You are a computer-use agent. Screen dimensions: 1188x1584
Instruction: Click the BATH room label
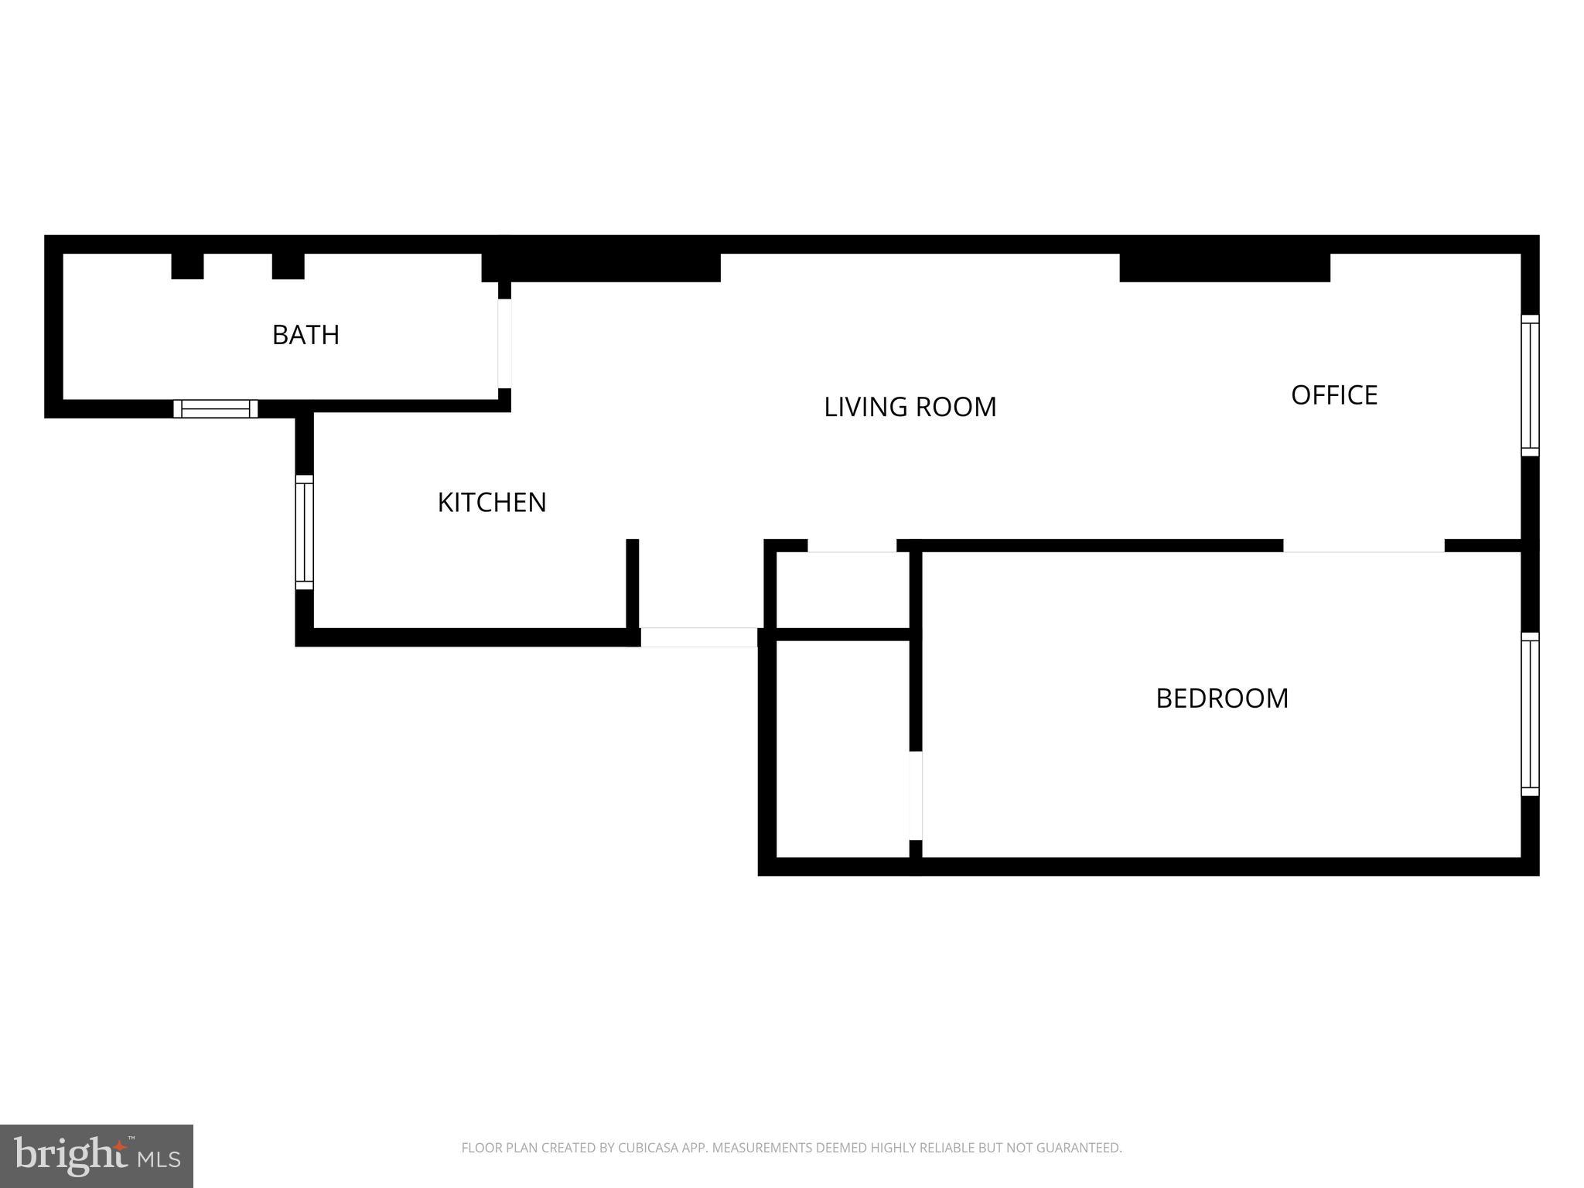click(x=306, y=335)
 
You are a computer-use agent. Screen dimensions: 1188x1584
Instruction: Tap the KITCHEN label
click(x=492, y=503)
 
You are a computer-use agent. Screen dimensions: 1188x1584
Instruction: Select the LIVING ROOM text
click(x=910, y=407)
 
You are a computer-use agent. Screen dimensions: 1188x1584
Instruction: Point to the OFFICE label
click(x=1334, y=395)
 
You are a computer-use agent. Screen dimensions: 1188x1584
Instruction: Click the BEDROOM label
click(x=1222, y=698)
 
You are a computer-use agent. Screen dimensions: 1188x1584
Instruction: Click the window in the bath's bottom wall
click(x=215, y=408)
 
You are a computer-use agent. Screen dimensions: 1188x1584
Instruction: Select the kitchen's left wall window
click(x=304, y=532)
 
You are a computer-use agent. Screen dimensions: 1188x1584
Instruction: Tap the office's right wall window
click(x=1530, y=385)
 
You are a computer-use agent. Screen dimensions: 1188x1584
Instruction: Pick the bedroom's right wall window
click(x=1530, y=714)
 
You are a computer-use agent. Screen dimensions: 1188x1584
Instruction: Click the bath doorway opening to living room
click(x=504, y=343)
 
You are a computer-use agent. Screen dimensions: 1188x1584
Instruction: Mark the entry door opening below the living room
click(x=698, y=637)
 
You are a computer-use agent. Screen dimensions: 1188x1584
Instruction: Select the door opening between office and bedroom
click(x=1364, y=546)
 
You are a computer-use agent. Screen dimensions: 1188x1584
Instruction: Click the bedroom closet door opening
click(x=916, y=795)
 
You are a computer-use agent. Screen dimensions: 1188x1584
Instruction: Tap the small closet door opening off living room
click(x=852, y=546)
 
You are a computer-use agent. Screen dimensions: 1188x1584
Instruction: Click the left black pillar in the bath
click(x=187, y=265)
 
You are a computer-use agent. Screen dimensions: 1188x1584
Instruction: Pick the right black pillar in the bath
click(x=288, y=265)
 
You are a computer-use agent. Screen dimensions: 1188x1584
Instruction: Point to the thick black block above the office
click(x=1224, y=267)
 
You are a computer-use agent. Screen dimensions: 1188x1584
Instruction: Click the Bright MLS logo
click(x=97, y=1156)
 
